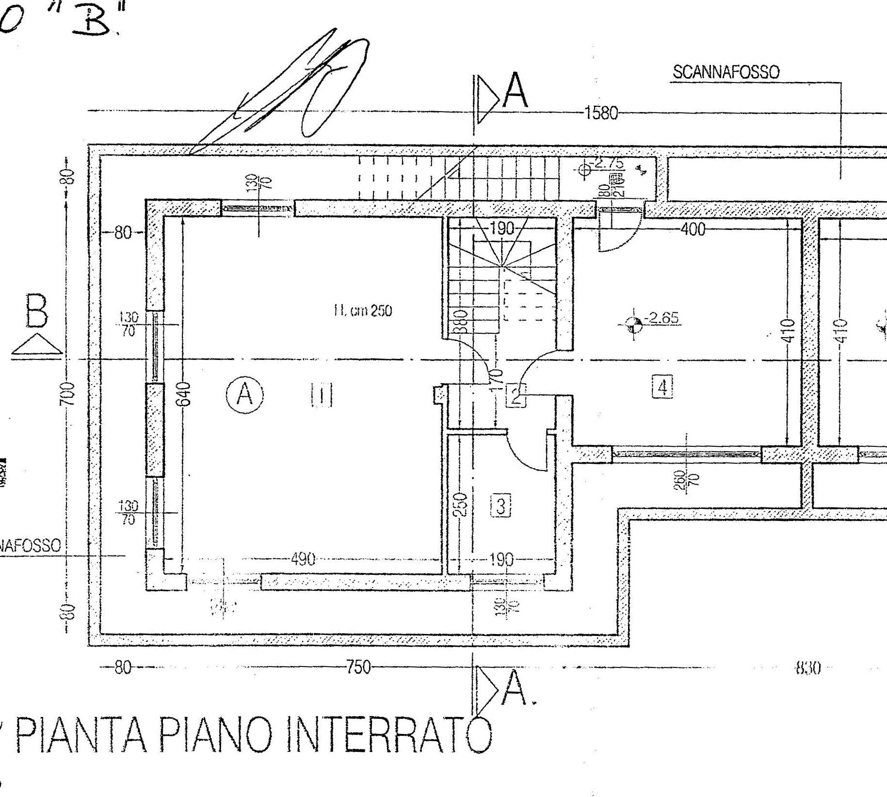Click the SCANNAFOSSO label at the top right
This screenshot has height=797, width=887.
[726, 73]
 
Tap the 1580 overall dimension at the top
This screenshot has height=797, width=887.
[601, 114]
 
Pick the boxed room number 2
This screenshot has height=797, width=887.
[516, 395]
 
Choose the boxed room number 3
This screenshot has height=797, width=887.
[501, 506]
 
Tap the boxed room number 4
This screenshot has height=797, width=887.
[662, 387]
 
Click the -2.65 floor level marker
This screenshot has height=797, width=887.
[662, 319]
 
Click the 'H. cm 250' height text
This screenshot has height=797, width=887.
[362, 311]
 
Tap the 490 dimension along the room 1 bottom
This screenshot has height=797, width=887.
[303, 559]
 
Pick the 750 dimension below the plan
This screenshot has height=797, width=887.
[358, 668]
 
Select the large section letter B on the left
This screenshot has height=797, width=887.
[37, 311]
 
